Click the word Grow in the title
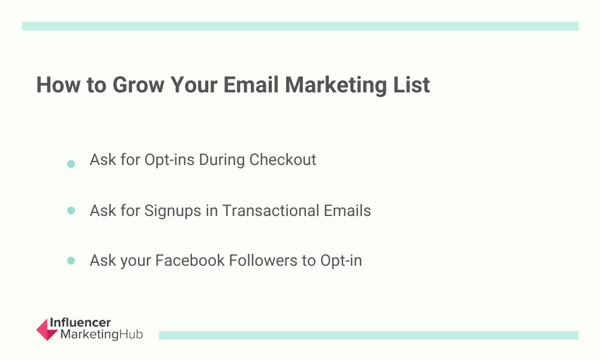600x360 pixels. click(138, 85)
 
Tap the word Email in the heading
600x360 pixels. click(251, 85)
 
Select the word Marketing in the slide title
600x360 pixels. click(336, 86)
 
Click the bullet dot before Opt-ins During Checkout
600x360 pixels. click(71, 164)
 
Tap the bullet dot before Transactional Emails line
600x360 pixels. click(71, 211)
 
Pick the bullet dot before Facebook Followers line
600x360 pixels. click(71, 260)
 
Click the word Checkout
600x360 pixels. click(283, 160)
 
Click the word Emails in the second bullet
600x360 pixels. click(347, 211)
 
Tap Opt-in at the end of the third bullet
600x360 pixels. click(341, 261)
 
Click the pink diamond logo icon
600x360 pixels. click(47, 329)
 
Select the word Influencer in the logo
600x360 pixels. click(80, 323)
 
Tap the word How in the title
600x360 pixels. click(58, 85)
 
